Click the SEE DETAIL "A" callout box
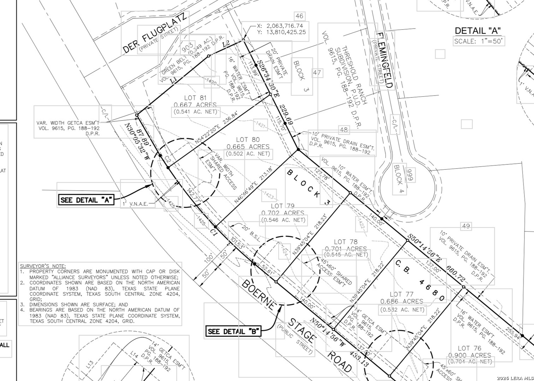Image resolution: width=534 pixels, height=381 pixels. coord(86,200)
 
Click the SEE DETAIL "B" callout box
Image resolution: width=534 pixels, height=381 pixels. coord(234,331)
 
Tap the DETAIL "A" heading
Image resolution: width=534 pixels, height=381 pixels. coord(477,31)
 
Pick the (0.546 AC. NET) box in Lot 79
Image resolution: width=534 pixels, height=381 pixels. coord(283,220)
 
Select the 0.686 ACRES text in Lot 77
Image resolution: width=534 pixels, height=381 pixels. coord(402,302)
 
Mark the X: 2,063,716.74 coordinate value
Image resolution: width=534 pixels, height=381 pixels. coord(280,26)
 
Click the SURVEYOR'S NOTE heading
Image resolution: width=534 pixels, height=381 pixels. coord(43,266)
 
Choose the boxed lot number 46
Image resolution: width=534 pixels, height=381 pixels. coord(299,16)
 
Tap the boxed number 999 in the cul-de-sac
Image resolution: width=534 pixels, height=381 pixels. coord(409,175)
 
